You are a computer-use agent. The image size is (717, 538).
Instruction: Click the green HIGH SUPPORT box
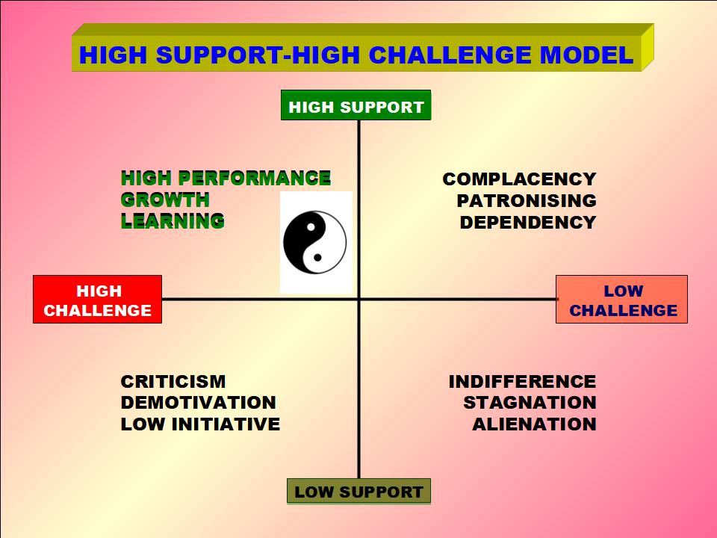click(356, 106)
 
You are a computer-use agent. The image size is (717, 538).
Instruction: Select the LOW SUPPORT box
click(358, 492)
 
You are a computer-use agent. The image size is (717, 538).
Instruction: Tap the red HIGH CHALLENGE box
click(97, 300)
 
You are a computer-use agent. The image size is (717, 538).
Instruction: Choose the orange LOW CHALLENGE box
click(621, 300)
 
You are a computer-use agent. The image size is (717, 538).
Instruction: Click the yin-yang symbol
click(315, 242)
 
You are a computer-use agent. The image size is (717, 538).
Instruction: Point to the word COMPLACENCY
click(519, 179)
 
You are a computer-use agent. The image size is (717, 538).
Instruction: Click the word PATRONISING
click(527, 201)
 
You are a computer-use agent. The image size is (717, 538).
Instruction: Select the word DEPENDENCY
click(528, 223)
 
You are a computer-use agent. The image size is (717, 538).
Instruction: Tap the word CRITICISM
click(173, 382)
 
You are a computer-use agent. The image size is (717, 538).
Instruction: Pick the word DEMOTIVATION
click(198, 403)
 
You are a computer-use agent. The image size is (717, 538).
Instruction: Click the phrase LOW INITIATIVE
click(200, 424)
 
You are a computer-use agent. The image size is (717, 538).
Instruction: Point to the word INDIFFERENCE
click(522, 382)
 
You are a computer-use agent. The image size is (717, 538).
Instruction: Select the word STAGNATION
click(530, 403)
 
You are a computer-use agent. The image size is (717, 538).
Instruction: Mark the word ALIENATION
click(534, 424)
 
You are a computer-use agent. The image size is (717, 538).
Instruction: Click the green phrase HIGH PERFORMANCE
click(226, 179)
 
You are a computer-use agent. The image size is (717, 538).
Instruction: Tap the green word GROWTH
click(165, 200)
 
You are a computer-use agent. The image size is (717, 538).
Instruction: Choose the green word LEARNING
click(173, 221)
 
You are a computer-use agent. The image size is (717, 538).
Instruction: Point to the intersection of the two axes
click(358, 299)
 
